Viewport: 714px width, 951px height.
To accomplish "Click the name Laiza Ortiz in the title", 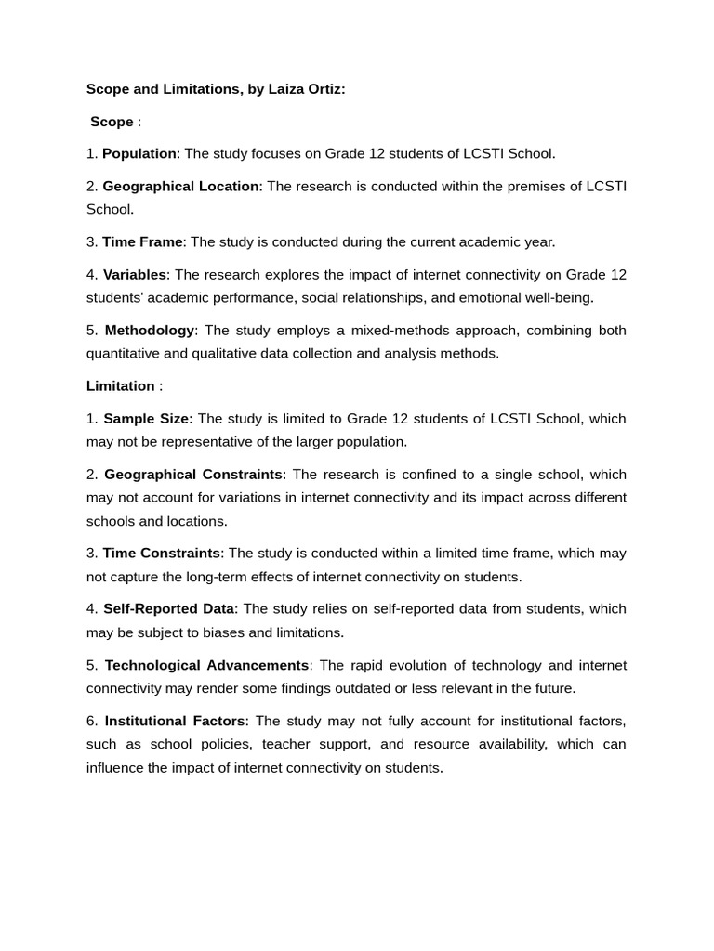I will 305,89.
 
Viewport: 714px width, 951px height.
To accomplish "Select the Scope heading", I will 112,122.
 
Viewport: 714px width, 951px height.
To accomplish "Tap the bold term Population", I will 139,153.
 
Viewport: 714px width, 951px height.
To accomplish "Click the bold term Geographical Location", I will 180,186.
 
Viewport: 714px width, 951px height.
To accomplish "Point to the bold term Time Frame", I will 142,241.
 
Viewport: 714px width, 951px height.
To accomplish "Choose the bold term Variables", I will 135,274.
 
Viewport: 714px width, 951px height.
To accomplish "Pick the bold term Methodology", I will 150,330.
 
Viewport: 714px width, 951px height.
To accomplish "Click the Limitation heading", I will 121,385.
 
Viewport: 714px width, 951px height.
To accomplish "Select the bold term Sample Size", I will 146,418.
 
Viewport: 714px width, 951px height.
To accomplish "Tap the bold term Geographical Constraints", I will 193,474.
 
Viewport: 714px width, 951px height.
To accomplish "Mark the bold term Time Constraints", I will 162,553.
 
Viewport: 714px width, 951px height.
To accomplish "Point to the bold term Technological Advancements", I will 206,665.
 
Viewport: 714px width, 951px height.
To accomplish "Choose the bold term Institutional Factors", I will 175,721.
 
